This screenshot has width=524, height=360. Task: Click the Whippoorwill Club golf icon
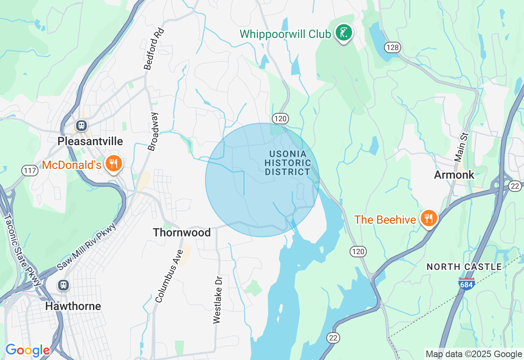(x=344, y=33)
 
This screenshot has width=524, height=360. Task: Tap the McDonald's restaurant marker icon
(x=113, y=164)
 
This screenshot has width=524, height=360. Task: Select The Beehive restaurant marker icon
(x=428, y=218)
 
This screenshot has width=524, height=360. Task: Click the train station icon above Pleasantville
(x=81, y=126)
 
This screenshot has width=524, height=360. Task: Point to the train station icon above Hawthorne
(x=63, y=285)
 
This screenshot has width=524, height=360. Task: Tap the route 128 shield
(x=392, y=47)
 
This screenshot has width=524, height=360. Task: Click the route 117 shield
(x=30, y=170)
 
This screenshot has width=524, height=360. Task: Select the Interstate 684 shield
(x=466, y=283)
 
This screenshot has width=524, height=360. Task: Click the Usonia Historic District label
(x=288, y=163)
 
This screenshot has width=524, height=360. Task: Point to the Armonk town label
(x=454, y=175)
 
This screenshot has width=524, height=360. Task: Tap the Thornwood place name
(x=182, y=232)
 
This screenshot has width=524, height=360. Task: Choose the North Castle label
(x=464, y=267)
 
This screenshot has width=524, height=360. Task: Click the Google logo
(x=27, y=351)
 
